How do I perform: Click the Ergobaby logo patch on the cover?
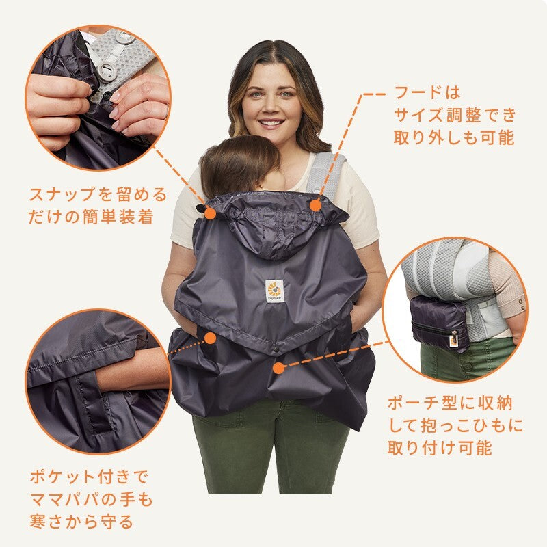pos(275,291)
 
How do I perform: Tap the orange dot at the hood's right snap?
pos(316,205)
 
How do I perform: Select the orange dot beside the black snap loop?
pos(211,213)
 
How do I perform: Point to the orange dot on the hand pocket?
pos(211,338)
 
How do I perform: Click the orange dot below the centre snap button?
pos(278,368)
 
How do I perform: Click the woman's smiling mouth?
pos(270,124)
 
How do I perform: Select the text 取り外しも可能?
pos(454,137)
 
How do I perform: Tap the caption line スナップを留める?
pos(98,195)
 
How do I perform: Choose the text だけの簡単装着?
pos(91,217)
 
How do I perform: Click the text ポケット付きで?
pos(90,477)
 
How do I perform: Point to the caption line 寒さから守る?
pos(81,522)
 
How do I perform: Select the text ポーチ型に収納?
pos(450,403)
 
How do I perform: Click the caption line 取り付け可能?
pos(440,448)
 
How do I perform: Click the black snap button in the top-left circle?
pos(108,94)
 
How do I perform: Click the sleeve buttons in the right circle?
pos(521,302)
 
